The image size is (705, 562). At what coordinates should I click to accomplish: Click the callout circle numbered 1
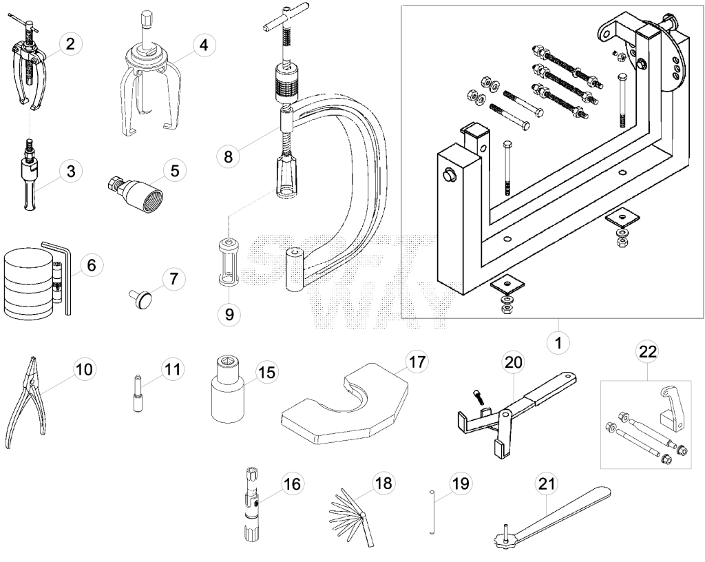click(558, 343)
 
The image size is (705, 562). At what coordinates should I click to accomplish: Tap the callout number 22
click(648, 351)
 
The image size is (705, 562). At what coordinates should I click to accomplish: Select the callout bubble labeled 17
click(417, 362)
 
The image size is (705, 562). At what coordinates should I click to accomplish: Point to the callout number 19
click(461, 483)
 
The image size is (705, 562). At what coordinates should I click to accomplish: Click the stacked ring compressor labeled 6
click(28, 282)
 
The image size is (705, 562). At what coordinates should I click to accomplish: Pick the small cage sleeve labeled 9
click(229, 262)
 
